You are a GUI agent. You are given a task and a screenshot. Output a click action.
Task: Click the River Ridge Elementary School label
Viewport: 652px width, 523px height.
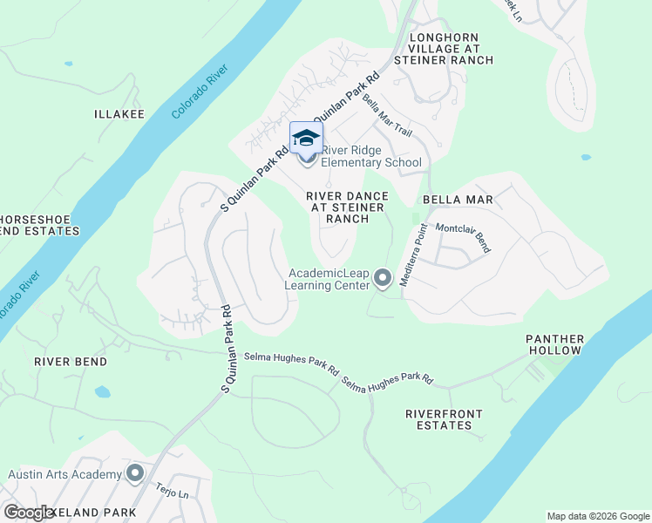[x=371, y=156]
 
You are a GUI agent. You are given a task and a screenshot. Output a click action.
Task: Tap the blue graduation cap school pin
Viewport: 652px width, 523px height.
[x=306, y=138]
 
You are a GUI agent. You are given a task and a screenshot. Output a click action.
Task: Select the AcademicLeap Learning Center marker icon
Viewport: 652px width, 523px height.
[x=382, y=279]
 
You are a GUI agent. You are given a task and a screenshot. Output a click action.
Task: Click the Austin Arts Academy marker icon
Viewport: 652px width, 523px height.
[x=134, y=473]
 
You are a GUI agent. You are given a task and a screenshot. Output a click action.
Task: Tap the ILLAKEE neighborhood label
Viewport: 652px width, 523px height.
[x=119, y=114]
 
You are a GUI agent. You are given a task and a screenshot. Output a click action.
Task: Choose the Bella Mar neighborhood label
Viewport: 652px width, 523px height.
[x=458, y=200]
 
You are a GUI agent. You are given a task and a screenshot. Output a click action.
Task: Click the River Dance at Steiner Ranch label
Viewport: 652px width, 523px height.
[x=346, y=207]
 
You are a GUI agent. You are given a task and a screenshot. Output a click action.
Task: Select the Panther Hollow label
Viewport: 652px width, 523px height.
[x=554, y=344]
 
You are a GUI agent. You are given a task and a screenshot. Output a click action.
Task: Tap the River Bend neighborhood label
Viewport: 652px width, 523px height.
[x=71, y=361]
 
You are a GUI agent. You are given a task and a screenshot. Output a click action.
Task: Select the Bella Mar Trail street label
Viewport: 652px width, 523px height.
[x=387, y=114]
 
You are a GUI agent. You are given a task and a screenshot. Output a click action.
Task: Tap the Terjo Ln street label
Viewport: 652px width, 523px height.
[x=172, y=492]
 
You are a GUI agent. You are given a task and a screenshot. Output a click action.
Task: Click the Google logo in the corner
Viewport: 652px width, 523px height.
[x=29, y=512]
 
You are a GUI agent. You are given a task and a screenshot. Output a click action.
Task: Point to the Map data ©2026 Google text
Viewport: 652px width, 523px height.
[x=597, y=516]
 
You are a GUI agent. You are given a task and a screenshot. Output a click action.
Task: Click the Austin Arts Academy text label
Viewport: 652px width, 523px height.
[x=65, y=474]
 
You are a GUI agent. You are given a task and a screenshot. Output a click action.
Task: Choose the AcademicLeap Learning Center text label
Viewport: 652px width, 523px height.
[x=328, y=279]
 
